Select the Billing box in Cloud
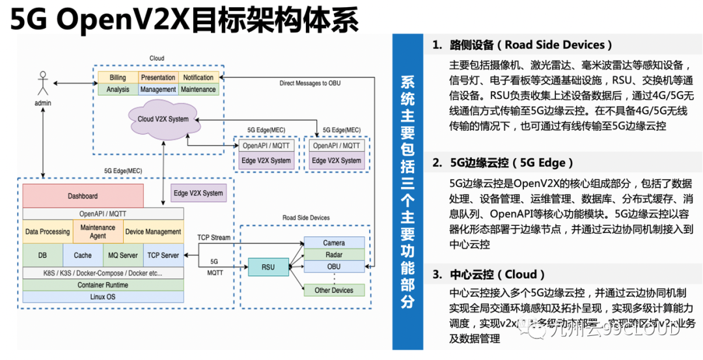[x=117, y=77]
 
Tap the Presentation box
[x=158, y=77]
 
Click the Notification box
[x=198, y=77]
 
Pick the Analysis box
[x=117, y=89]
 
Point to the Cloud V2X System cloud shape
[x=163, y=119]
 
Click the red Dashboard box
[x=83, y=196]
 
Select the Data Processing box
[x=47, y=232]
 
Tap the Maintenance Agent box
[x=98, y=232]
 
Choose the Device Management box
[x=153, y=232]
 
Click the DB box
[x=42, y=255]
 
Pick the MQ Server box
[x=122, y=255]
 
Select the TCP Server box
[x=163, y=255]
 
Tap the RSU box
[x=267, y=266]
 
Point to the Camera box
[x=334, y=243]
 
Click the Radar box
[x=334, y=255]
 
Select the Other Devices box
[x=334, y=290]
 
